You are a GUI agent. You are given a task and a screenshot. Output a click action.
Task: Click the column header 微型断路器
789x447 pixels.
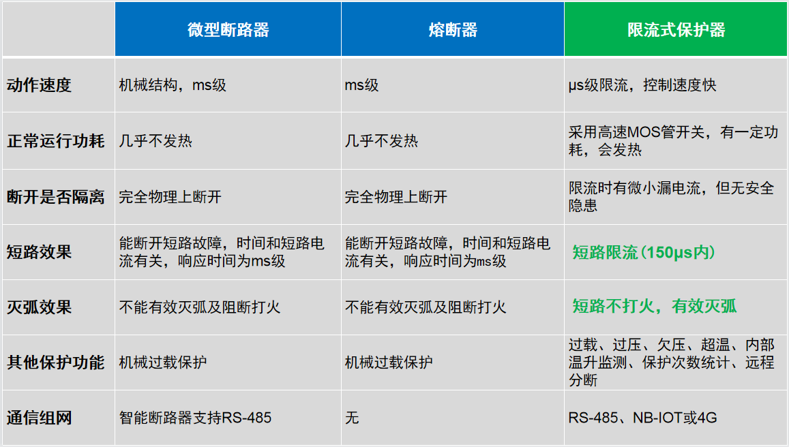pyautogui.click(x=228, y=30)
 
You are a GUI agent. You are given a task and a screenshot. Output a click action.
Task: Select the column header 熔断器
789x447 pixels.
pyautogui.click(x=452, y=30)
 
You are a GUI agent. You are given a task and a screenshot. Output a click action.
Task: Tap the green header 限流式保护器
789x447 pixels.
pyautogui.click(x=676, y=30)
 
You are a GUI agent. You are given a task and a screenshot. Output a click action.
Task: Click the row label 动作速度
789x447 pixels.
pyautogui.click(x=39, y=85)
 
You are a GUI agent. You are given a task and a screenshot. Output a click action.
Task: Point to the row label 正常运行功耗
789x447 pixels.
pyautogui.click(x=56, y=141)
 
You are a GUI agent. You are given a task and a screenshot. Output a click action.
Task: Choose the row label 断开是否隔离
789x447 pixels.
pyautogui.click(x=56, y=197)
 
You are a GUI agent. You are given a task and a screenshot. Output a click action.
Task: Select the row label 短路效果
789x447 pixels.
pyautogui.click(x=39, y=252)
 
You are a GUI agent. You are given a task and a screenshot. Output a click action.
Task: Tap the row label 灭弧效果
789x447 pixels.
pyautogui.click(x=39, y=307)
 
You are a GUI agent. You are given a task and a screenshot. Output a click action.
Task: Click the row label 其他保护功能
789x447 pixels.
pyautogui.click(x=56, y=362)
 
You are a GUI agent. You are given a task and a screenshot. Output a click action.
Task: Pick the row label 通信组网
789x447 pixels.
pyautogui.click(x=39, y=417)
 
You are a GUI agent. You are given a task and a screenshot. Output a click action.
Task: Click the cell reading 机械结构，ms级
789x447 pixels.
pyautogui.click(x=173, y=85)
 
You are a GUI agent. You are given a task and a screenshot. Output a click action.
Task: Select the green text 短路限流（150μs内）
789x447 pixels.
pyautogui.click(x=644, y=253)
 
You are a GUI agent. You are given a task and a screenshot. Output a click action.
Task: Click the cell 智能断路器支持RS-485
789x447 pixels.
pyautogui.click(x=195, y=417)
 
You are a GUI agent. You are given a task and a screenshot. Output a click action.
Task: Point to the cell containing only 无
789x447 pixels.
pyautogui.click(x=352, y=417)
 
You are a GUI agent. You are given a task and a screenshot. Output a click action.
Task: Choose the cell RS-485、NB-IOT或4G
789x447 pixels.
pyautogui.click(x=642, y=417)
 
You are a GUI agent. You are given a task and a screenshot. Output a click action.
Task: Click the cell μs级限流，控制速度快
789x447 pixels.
pyautogui.click(x=642, y=85)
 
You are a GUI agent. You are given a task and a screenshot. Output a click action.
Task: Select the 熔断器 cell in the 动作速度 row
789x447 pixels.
pyautogui.click(x=361, y=85)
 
